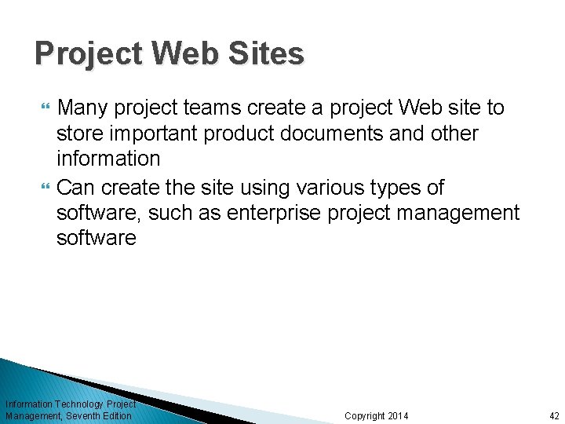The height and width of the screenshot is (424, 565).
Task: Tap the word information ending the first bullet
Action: pos(108,159)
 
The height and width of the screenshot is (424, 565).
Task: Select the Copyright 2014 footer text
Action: pos(376,416)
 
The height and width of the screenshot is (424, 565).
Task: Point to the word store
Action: pos(77,133)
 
